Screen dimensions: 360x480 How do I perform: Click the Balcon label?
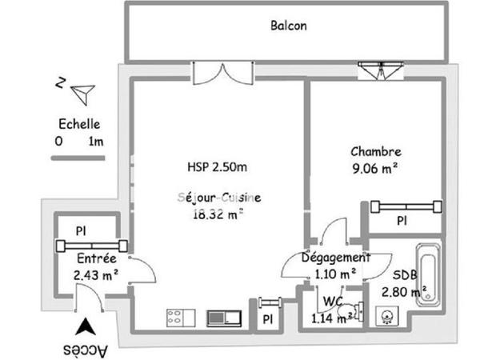tap(288, 26)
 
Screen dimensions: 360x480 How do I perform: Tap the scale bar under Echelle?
tap(78, 158)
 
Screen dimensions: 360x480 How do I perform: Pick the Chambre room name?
tap(375, 151)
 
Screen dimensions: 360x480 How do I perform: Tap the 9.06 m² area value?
tap(374, 168)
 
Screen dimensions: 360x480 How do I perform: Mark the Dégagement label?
tap(335, 258)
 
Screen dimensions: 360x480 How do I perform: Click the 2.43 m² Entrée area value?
tap(96, 275)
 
